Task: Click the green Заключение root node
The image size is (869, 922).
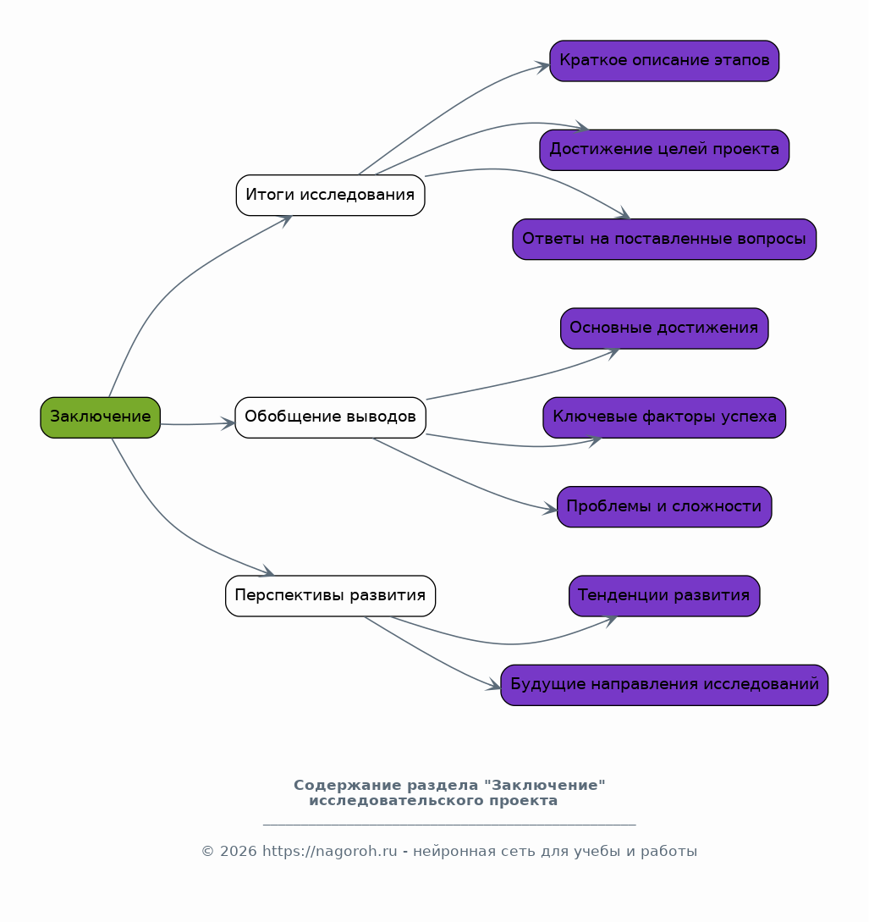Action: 101,417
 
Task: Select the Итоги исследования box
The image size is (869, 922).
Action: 330,196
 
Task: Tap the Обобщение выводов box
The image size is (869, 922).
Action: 330,417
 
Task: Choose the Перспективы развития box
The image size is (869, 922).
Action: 330,596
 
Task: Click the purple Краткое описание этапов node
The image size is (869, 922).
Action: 664,61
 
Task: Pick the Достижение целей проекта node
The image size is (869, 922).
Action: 664,150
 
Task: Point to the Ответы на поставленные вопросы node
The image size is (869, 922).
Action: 664,240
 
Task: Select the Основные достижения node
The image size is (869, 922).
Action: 664,328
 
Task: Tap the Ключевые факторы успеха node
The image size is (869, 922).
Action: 664,417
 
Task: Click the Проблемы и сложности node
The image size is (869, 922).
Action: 664,507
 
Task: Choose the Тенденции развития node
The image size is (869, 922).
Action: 664,596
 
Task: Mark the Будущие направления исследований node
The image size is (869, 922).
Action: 664,685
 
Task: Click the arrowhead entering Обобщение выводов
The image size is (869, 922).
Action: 228,423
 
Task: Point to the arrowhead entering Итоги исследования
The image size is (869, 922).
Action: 285,220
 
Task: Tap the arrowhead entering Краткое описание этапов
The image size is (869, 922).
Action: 542,66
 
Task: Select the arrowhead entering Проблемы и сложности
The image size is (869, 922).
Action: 549,509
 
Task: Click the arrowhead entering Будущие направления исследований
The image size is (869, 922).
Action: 493,685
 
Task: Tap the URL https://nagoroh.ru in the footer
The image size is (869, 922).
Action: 330,852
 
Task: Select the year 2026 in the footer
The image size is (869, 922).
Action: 239,852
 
